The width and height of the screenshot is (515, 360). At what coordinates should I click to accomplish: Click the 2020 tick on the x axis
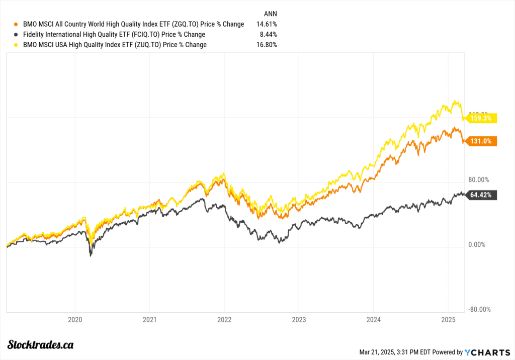(75, 319)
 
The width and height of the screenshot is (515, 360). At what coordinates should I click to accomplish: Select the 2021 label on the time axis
(149, 319)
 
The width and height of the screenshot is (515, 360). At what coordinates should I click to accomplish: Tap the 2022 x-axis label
(224, 319)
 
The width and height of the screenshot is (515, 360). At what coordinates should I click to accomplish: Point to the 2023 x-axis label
(298, 319)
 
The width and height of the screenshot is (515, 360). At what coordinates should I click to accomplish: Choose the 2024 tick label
(373, 319)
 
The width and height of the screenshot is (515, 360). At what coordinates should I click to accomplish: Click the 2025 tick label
(448, 319)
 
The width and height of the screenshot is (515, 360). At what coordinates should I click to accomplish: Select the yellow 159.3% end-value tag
(481, 119)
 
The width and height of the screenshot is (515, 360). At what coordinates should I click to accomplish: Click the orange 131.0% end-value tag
(481, 142)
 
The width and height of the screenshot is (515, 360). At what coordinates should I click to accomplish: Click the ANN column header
(270, 13)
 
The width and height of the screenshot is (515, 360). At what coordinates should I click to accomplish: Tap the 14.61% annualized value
(267, 24)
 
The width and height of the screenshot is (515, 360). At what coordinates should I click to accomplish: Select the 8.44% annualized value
(269, 34)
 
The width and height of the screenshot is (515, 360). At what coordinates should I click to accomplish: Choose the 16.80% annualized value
(267, 45)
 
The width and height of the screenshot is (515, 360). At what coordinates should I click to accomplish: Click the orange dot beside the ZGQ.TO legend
(17, 24)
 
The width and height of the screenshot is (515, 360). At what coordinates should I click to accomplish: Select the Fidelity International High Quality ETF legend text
(114, 34)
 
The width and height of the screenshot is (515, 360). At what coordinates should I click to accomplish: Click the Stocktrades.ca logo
(42, 344)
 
